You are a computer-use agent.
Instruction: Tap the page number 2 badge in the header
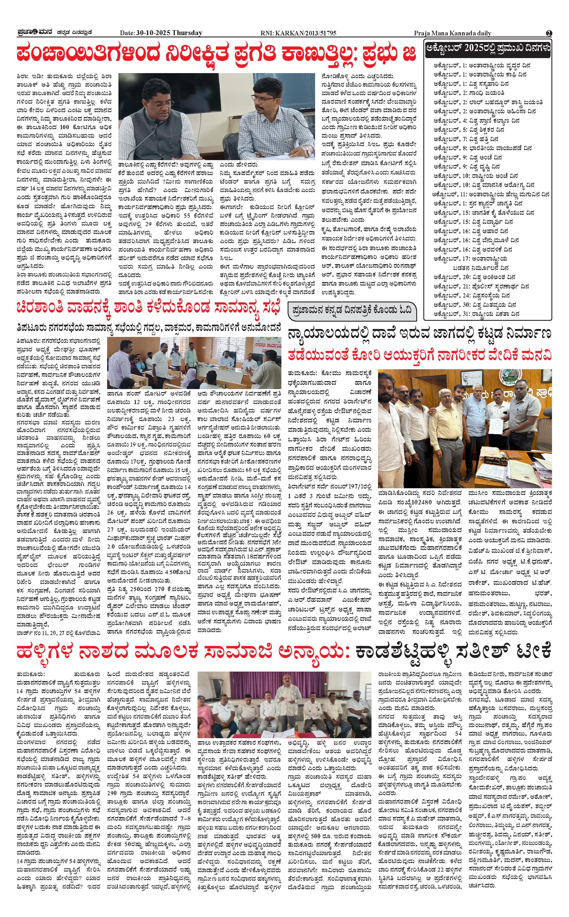click(549, 33)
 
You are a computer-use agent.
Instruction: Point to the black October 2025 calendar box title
click(488, 48)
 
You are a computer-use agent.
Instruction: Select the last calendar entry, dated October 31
click(476, 314)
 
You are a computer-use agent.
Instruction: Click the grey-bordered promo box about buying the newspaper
click(352, 311)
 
